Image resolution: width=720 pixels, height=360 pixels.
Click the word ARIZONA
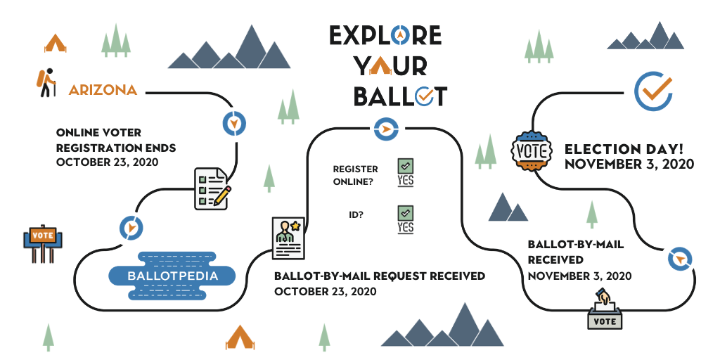point(103,90)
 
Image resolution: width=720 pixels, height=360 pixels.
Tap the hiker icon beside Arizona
point(45,83)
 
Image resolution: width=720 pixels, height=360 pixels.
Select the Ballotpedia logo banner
point(172,276)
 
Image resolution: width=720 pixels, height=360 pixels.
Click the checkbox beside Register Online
point(406,166)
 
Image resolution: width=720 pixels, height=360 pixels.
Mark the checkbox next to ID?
point(406,212)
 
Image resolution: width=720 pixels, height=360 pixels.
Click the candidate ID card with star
point(288,237)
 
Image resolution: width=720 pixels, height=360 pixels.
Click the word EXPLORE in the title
point(385,35)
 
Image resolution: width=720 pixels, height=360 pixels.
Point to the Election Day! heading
point(629,149)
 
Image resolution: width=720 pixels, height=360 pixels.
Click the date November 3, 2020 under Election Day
point(629,165)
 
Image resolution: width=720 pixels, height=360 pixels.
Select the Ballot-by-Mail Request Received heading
point(379,276)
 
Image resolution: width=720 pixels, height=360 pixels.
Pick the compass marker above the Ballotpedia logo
point(131,227)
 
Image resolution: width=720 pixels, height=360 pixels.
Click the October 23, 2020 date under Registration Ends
point(107,162)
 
